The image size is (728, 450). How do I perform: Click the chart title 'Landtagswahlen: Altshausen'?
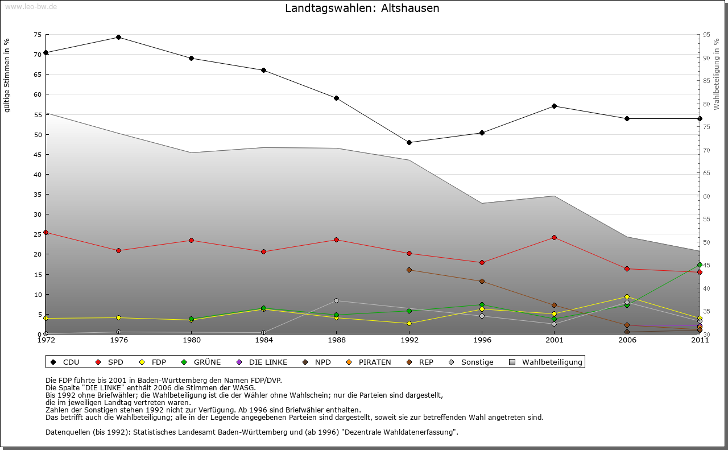coord(362,9)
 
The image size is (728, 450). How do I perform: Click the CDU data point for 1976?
coord(118,38)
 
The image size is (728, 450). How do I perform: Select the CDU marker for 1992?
coord(409,142)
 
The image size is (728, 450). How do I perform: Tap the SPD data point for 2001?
coord(555,237)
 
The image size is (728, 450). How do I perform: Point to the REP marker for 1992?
coord(409,270)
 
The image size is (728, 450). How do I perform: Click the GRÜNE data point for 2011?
coord(700,265)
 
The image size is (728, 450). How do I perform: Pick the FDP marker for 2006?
coord(627,296)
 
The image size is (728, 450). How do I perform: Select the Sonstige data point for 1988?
coord(336,300)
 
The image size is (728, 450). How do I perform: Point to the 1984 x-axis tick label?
coord(264,341)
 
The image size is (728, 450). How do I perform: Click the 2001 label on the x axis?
coord(555,341)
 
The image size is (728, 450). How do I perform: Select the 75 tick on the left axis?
coord(37,35)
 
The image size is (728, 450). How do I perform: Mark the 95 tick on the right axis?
coord(707,35)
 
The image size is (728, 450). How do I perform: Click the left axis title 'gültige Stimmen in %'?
coord(7,76)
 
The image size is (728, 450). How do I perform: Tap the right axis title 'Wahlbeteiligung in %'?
coord(717,74)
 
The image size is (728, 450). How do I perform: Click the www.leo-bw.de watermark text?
coord(31,6)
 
